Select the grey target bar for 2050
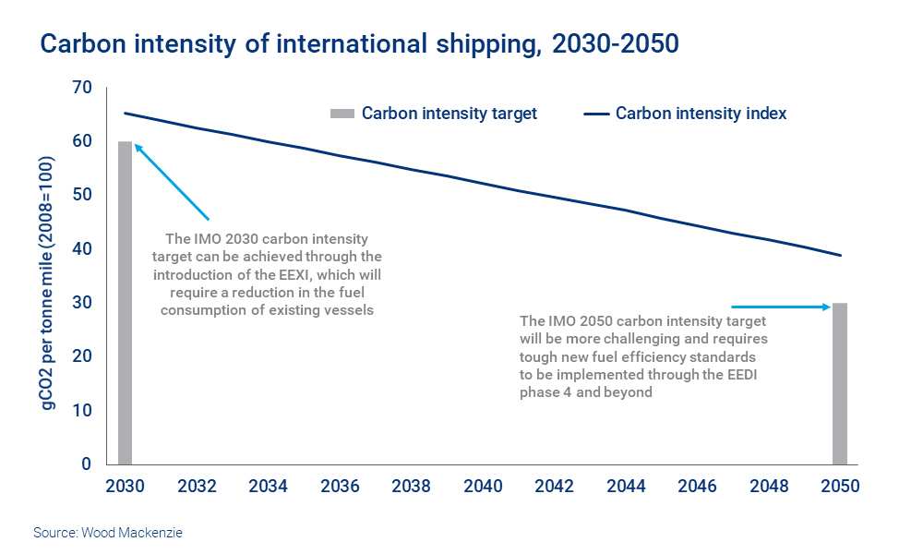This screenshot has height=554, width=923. [840, 383]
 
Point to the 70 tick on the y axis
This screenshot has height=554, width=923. [84, 88]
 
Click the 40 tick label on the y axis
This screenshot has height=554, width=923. [84, 249]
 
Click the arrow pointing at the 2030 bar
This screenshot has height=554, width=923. [171, 181]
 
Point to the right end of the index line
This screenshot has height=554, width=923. [841, 255]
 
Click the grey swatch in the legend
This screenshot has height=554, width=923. [342, 114]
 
